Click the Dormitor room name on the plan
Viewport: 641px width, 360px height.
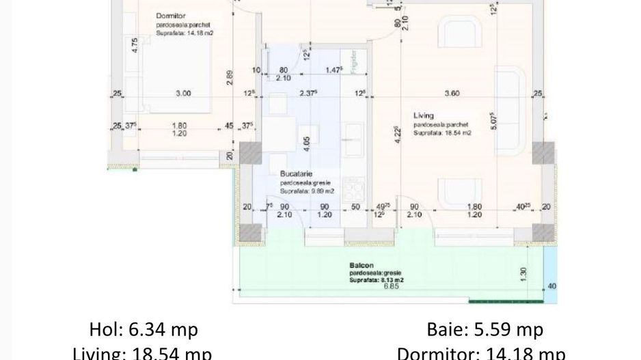click(x=172, y=14)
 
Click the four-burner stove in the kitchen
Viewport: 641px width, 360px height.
click(x=353, y=187)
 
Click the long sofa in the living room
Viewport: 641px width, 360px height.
click(x=509, y=109)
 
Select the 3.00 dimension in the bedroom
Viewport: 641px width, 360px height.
click(x=182, y=94)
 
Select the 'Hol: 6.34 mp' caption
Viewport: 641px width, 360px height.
click(x=144, y=330)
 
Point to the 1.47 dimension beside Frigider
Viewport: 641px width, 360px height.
click(x=333, y=70)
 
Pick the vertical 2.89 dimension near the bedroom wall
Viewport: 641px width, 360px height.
click(x=231, y=78)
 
